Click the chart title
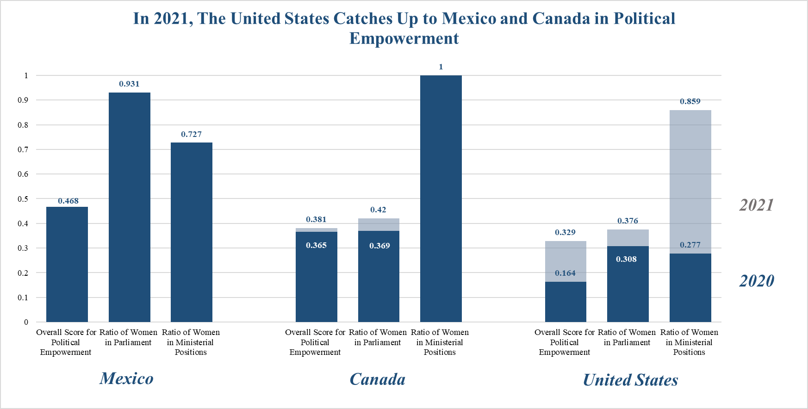(x=404, y=28)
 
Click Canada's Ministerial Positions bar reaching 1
(x=441, y=198)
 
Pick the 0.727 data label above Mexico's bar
(x=191, y=134)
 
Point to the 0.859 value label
(x=690, y=101)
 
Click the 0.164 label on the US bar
(x=565, y=273)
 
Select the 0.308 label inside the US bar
(x=626, y=259)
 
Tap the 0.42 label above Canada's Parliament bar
(x=378, y=210)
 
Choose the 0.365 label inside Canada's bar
(x=316, y=245)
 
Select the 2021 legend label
(x=756, y=205)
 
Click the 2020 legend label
(x=756, y=281)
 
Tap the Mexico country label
(x=126, y=378)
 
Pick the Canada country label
(x=377, y=379)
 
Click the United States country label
(x=630, y=380)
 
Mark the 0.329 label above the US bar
(x=565, y=232)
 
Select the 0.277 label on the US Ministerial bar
(x=690, y=245)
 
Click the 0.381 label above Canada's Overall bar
(x=316, y=219)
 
